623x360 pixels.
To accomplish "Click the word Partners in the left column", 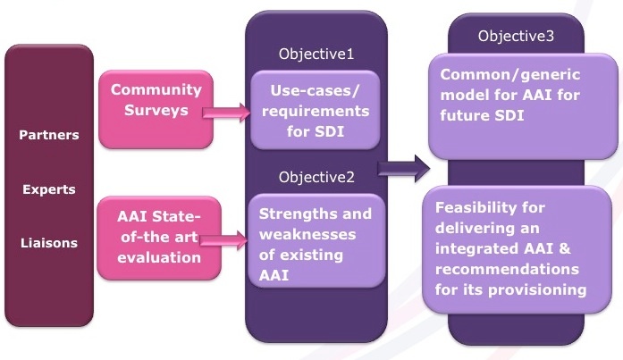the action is pos(49,135).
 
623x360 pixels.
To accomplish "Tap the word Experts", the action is pos(49,189).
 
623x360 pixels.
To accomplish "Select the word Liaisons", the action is pos(49,243).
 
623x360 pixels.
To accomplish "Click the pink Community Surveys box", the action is pos(156,110).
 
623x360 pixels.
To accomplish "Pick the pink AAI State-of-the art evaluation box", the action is pos(159,239).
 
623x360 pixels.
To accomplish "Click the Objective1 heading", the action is pos(316,54).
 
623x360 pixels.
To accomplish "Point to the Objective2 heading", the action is pos(316,177).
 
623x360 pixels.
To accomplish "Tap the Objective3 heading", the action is pos(516,36).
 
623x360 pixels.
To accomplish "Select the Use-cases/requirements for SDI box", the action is pos(316,111).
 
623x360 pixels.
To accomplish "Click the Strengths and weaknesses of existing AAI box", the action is pos(316,240).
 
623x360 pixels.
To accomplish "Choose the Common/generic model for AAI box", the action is pos(523,106).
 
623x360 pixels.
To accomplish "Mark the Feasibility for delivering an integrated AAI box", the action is pos(517,249).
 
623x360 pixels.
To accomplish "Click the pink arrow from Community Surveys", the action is pos(226,113).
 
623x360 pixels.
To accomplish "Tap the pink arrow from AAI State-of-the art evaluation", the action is pos(223,240).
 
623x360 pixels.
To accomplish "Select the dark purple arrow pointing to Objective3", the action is pos(404,169).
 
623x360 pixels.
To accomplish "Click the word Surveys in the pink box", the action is pos(156,111).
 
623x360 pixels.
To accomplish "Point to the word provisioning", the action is pos(537,289).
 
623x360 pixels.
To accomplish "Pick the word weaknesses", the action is pos(307,235).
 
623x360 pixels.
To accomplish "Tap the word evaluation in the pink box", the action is pos(159,258).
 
